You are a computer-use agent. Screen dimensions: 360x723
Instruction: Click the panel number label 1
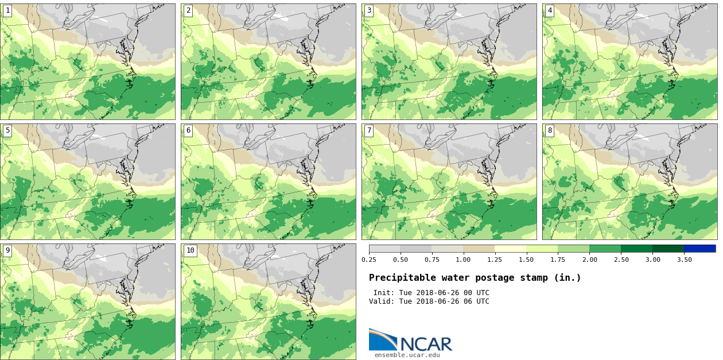pyautogui.click(x=7, y=10)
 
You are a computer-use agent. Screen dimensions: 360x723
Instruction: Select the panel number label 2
pyautogui.click(x=188, y=10)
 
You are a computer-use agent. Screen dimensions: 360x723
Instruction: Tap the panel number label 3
pyautogui.click(x=369, y=10)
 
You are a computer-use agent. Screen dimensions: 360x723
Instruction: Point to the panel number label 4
pyautogui.click(x=550, y=10)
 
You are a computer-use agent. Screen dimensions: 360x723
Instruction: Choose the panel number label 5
pyautogui.click(x=7, y=130)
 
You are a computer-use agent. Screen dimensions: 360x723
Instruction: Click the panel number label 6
pyautogui.click(x=188, y=130)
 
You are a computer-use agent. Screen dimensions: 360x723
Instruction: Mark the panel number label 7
pyautogui.click(x=369, y=130)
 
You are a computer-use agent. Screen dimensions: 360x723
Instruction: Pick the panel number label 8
pyautogui.click(x=550, y=130)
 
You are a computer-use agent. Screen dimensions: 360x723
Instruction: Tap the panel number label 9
pyautogui.click(x=7, y=250)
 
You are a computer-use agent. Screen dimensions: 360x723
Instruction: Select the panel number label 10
pyautogui.click(x=190, y=250)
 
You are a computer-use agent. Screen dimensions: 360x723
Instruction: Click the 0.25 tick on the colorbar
pyautogui.click(x=369, y=260)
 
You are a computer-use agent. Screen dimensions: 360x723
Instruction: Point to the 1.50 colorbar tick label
pyautogui.click(x=526, y=260)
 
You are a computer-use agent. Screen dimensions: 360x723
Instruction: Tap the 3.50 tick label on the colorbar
pyautogui.click(x=684, y=260)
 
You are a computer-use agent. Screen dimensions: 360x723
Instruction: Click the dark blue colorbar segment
pyautogui.click(x=699, y=249)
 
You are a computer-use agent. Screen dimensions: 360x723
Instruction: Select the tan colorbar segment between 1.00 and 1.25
pyautogui.click(x=479, y=249)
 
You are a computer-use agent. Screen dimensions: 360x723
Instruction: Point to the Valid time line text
pyautogui.click(x=429, y=301)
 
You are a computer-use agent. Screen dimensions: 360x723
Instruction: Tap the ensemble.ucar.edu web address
pyautogui.click(x=407, y=355)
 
